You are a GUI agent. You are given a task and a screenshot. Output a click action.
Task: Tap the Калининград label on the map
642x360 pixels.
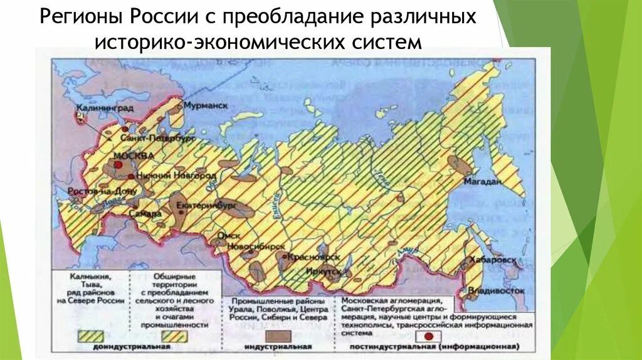coord(96,108)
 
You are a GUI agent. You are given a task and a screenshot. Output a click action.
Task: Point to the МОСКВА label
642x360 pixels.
coord(132,156)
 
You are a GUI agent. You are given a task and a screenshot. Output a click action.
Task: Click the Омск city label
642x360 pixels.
coord(224,236)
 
